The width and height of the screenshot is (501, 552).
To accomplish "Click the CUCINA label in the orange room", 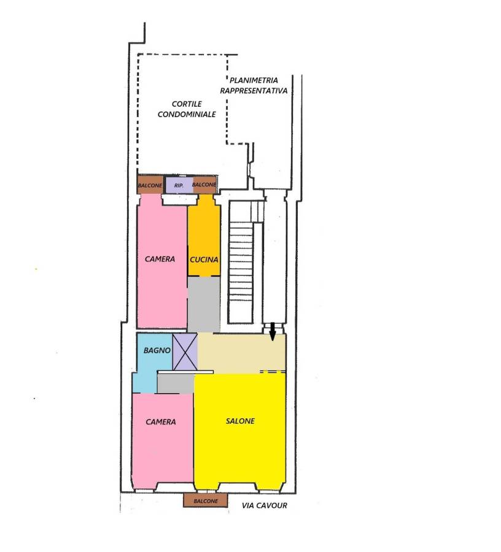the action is click(x=204, y=260).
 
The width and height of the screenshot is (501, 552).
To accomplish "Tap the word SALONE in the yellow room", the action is click(x=240, y=421).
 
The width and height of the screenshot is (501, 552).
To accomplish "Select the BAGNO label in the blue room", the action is click(x=157, y=351).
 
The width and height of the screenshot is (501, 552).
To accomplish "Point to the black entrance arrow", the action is click(x=273, y=332).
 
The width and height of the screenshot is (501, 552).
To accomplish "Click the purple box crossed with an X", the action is click(x=185, y=352).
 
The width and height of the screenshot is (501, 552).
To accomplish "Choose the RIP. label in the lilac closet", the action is click(x=179, y=185).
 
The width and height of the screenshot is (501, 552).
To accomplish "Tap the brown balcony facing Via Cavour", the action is click(x=206, y=500).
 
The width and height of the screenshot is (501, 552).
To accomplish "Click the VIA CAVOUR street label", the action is click(x=265, y=505).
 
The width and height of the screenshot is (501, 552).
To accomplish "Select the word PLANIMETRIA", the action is click(x=254, y=80).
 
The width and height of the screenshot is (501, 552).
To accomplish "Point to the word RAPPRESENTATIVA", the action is click(x=254, y=91).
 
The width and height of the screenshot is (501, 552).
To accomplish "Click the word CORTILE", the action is click(x=187, y=104).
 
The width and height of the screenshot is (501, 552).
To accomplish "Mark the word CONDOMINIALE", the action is click(x=187, y=115).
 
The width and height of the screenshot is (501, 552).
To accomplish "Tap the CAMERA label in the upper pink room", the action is click(x=160, y=259).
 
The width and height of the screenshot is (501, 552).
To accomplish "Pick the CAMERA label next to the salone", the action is click(x=161, y=422).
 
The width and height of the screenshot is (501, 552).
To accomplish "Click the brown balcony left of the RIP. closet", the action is click(x=150, y=185).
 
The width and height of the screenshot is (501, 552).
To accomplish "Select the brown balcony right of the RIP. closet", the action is click(x=204, y=185).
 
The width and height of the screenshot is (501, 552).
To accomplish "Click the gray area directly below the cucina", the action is click(x=204, y=304).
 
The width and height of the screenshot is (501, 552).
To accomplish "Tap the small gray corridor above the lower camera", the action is click(x=176, y=383).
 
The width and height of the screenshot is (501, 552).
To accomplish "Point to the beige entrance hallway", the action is click(x=242, y=353).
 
